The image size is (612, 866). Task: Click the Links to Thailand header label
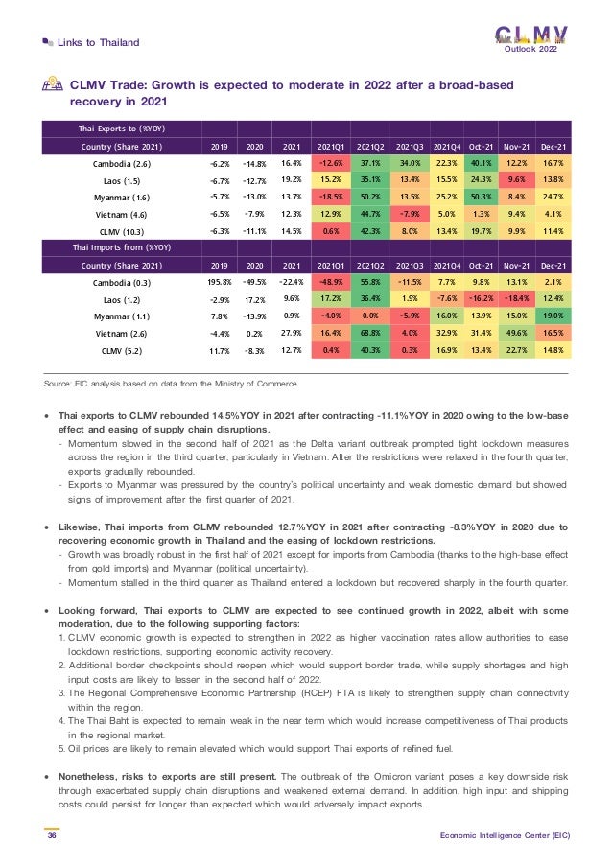99,42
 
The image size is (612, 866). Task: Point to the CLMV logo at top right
530,35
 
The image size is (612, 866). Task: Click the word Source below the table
61,384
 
